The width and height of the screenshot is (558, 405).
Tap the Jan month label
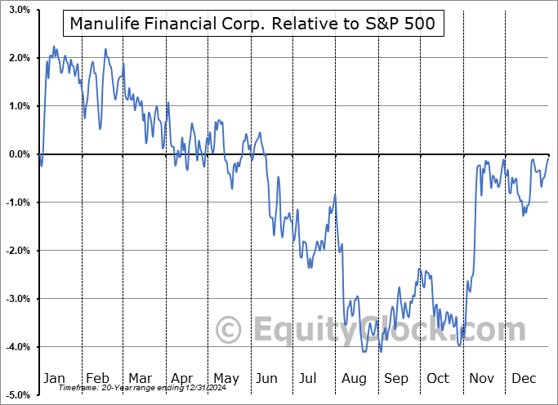point(54,378)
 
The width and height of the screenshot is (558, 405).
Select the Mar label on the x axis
point(141,378)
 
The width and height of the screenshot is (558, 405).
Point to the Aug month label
point(355,378)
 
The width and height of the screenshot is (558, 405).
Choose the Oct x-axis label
point(439,378)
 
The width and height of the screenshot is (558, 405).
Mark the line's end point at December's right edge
point(548,155)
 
